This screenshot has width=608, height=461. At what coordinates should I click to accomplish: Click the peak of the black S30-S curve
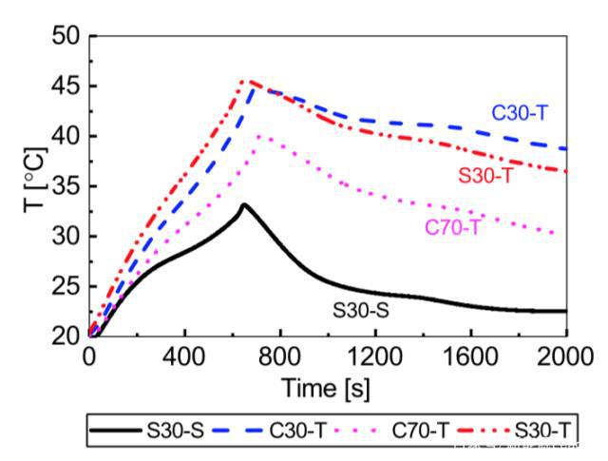pyautogui.click(x=244, y=204)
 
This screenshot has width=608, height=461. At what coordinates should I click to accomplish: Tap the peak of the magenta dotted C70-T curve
pyautogui.click(x=257, y=136)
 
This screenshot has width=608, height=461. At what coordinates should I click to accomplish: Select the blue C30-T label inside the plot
pyautogui.click(x=520, y=112)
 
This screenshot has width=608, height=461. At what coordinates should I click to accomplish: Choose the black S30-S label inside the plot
pyautogui.click(x=361, y=309)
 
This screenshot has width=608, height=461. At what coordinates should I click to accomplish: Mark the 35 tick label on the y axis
pyautogui.click(x=66, y=186)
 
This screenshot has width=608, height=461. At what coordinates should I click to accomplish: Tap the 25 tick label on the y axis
pyautogui.click(x=66, y=286)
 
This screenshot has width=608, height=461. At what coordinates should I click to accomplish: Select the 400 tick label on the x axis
pyautogui.click(x=184, y=359)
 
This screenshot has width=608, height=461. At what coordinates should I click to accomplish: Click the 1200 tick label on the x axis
pyautogui.click(x=375, y=359)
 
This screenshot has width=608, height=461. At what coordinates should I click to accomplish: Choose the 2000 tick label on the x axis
pyautogui.click(x=564, y=359)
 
